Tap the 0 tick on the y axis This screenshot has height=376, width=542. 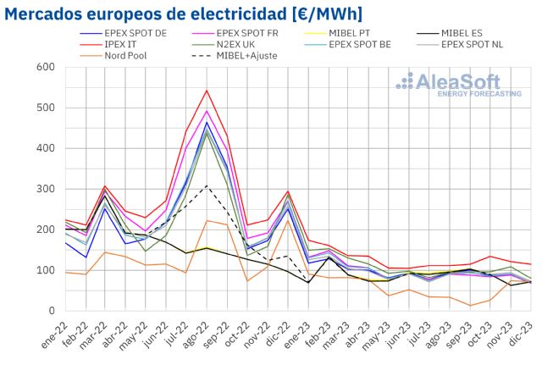point(51,311)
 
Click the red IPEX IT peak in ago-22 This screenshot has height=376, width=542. point(207,91)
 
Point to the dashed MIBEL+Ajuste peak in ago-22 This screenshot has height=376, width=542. point(207,185)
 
